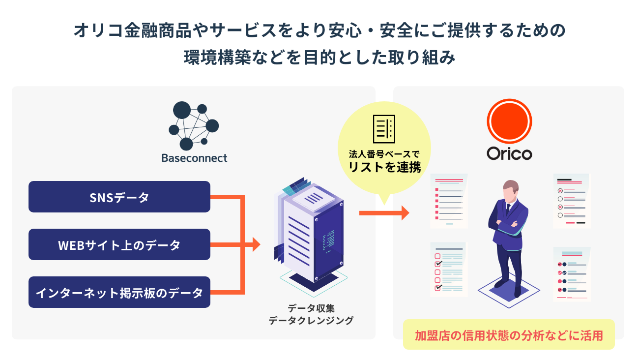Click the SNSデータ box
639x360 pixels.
pos(119,197)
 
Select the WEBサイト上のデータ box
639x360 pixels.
pos(119,244)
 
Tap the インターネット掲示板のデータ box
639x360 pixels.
pos(119,292)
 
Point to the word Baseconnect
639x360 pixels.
pos(195,158)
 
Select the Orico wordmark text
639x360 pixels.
pos(509,153)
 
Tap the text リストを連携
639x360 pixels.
pos(384,167)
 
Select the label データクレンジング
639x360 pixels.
pos(311,321)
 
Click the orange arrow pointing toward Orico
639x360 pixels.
pos(384,213)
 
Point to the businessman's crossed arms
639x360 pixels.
pos(509,227)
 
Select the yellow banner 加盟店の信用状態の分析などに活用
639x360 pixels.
pos(509,335)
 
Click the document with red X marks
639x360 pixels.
pos(571,201)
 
